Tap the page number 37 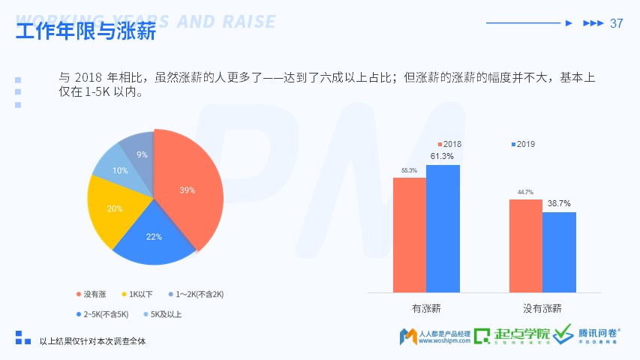coord(617,23)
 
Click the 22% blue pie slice coord(154,238)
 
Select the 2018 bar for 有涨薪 coord(409,234)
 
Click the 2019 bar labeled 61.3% coord(443,228)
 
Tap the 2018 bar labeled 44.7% coord(525,245)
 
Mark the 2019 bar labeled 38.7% coord(559,252)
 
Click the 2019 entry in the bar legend coord(522,143)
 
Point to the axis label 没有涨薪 coord(542,308)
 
